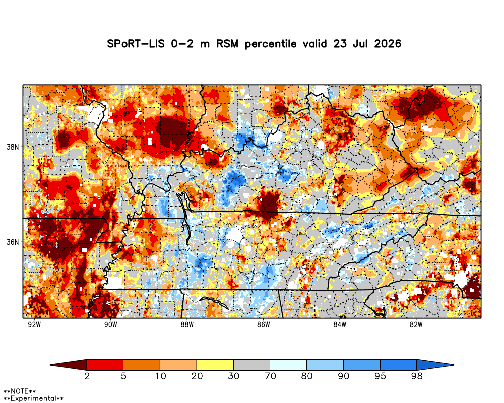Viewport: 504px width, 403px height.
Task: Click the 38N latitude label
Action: tap(13, 147)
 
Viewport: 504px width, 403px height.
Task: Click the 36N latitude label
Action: tap(13, 242)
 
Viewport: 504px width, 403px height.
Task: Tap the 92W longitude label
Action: tap(34, 325)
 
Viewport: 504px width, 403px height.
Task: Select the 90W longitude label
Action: tap(110, 325)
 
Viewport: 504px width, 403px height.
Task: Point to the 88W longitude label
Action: tap(187, 325)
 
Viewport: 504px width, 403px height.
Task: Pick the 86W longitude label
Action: tap(263, 325)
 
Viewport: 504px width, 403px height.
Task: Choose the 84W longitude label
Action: tap(340, 325)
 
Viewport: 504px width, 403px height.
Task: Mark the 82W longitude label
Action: tap(416, 325)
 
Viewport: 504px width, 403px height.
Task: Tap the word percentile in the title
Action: tap(271, 44)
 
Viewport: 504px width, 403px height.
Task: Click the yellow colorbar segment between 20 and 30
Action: tap(215, 365)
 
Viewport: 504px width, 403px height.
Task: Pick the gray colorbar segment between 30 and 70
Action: tap(251, 365)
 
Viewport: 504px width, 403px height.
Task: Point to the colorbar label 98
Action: tap(417, 376)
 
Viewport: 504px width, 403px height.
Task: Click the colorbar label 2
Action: tap(87, 376)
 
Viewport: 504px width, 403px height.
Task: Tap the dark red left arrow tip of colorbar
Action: tap(51, 365)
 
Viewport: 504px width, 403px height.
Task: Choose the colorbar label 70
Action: tap(270, 376)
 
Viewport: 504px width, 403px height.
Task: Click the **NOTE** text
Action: tap(19, 392)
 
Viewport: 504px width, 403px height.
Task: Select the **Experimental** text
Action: tap(33, 399)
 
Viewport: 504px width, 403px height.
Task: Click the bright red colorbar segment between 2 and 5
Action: tap(105, 365)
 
